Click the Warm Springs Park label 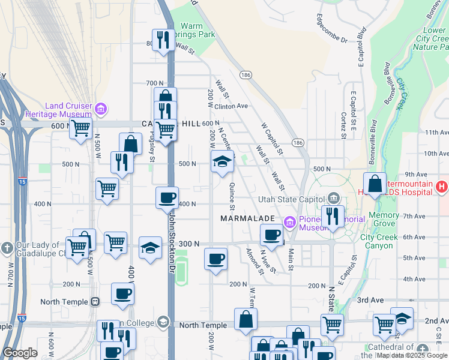[x=197, y=30]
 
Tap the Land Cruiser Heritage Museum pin [x=101, y=109]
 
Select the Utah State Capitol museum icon [x=334, y=199]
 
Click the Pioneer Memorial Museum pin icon [x=291, y=223]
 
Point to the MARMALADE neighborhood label [x=247, y=218]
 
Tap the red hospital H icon [x=442, y=187]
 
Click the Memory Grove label [x=384, y=219]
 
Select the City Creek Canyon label [x=379, y=241]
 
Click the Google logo [x=20, y=353]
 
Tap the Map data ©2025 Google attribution [x=412, y=356]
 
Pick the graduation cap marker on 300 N [x=150, y=247]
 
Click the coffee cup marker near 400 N [x=167, y=197]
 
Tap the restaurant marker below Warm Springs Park [x=162, y=40]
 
